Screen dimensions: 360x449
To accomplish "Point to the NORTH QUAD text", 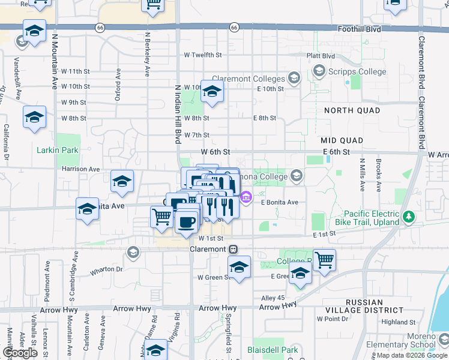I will click(352, 110).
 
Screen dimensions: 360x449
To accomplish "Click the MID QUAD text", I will click(342, 140).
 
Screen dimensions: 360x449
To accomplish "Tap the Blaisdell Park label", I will click(273, 350).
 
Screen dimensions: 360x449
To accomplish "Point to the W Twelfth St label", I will click(203, 55).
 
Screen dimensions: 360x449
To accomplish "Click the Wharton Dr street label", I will click(106, 269).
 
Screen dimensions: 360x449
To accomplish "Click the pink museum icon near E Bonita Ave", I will click(246, 197).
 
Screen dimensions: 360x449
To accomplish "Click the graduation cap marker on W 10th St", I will click(212, 91).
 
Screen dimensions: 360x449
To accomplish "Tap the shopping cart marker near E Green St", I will click(325, 260).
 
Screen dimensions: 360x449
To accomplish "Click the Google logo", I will click(20, 353).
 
